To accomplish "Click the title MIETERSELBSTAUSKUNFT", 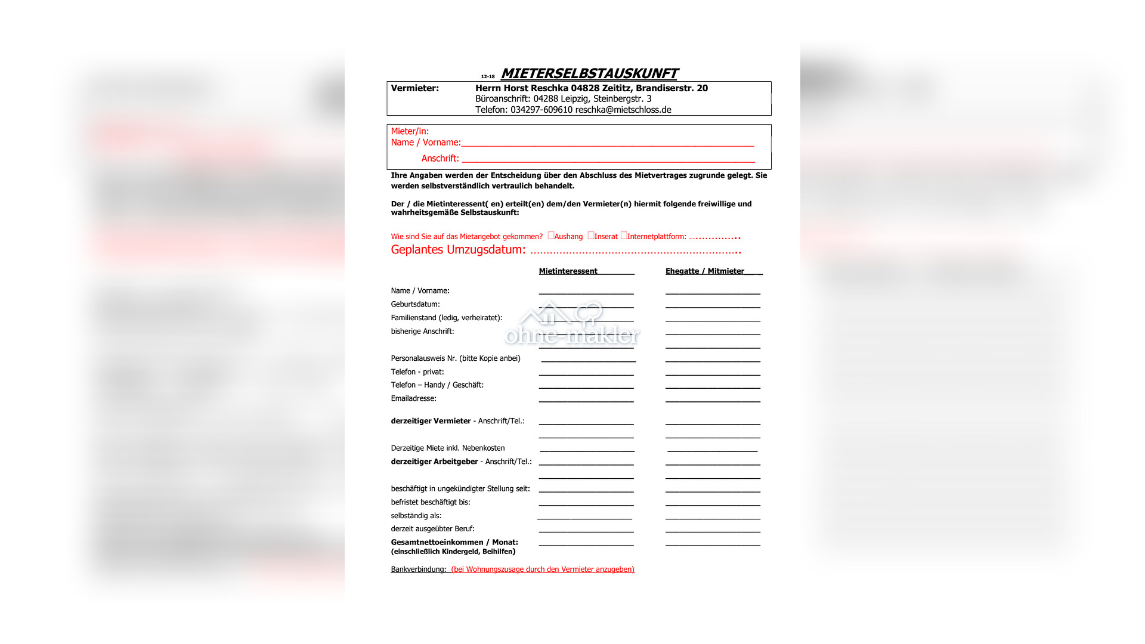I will pyautogui.click(x=589, y=73).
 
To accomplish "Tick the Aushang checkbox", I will pyautogui.click(x=551, y=236).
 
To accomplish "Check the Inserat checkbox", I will pyautogui.click(x=591, y=236).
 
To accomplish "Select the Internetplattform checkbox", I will pyautogui.click(x=624, y=236).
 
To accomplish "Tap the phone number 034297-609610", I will pyautogui.click(x=541, y=110).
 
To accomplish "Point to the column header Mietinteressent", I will pyautogui.click(x=568, y=271).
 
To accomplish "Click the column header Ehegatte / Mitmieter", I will pyautogui.click(x=704, y=271).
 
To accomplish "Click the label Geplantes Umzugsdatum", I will pyautogui.click(x=458, y=250).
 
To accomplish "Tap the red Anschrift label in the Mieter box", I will pyautogui.click(x=440, y=159).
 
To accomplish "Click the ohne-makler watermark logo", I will pyautogui.click(x=572, y=325).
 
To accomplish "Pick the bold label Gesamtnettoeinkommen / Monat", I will pyautogui.click(x=454, y=543).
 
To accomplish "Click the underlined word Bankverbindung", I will pyautogui.click(x=418, y=569).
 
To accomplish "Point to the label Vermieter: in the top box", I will pyautogui.click(x=414, y=88).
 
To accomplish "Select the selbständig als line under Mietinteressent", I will pyautogui.click(x=584, y=517).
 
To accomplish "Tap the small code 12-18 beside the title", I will pyautogui.click(x=488, y=77).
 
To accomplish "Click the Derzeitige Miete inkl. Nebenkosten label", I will pyautogui.click(x=447, y=448).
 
